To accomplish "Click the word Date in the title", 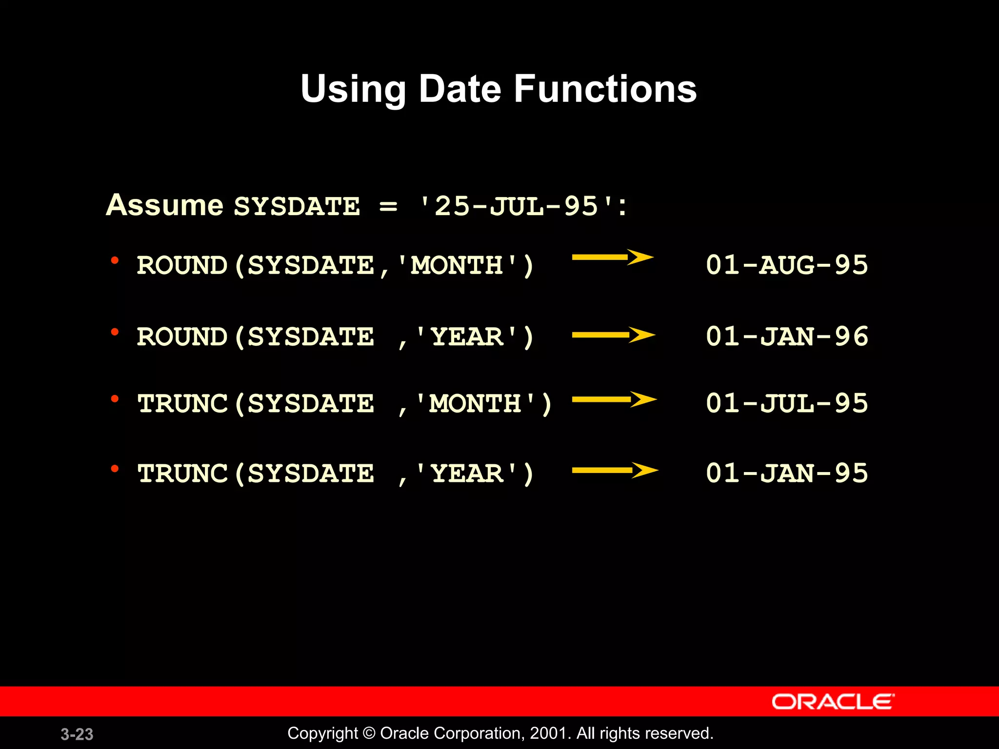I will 460,89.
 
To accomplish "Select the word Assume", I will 165,205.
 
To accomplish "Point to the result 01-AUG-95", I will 787,265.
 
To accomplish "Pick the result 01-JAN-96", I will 787,336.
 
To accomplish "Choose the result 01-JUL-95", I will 787,403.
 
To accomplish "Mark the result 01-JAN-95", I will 787,473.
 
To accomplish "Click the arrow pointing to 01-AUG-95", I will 613,257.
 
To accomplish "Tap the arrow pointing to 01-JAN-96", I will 614,335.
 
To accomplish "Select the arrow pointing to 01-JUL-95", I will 615,399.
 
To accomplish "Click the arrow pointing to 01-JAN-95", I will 615,471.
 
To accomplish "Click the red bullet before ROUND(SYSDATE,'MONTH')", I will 115,260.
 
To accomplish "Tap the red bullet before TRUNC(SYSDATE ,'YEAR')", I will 115,469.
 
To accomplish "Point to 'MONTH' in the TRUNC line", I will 476,404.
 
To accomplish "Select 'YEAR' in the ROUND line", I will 467,337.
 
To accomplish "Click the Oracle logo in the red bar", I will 833,702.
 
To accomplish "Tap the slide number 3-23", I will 77,734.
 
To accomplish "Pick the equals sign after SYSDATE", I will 388,207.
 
